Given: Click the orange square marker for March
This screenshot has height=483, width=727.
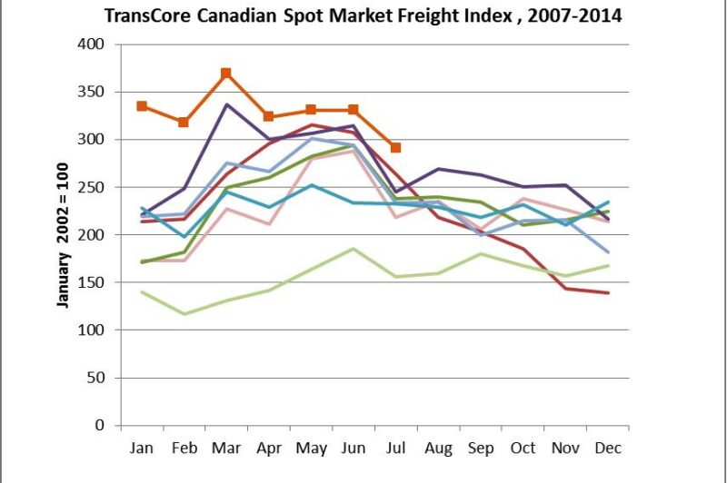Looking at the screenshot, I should coord(225,74).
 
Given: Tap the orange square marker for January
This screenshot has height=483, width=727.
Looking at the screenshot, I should coord(142,106).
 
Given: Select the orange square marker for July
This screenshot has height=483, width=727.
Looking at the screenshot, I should coord(395,147).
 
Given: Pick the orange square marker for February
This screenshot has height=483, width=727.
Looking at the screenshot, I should coord(184,122).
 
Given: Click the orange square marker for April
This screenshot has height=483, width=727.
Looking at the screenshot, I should coord(268,116).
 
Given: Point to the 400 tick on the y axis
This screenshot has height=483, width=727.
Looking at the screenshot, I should coord(93,44).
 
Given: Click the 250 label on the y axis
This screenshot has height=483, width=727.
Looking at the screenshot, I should coord(93,187).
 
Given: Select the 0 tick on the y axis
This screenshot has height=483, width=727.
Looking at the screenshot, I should coord(101,426).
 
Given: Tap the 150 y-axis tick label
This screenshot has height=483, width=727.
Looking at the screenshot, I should coord(93,282).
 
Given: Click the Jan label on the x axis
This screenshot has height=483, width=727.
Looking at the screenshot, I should coord(142,448).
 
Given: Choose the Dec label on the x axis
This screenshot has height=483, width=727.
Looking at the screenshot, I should coord(606,448).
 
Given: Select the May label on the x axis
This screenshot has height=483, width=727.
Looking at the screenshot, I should coord(311,448).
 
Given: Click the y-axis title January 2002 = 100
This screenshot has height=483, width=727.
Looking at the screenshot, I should coord(64,234).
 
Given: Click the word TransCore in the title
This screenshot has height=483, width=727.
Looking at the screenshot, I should coord(149,15).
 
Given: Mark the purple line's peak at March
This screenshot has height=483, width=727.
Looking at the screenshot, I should coord(225,104).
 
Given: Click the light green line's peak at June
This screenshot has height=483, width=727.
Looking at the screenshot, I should coord(353,249).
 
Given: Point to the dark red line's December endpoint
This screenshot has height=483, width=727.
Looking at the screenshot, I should coord(606,293).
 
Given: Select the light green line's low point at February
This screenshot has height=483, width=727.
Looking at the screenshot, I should coord(184,314).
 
